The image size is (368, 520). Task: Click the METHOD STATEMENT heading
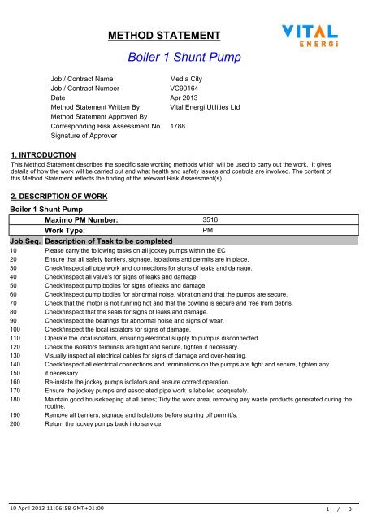(165, 36)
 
